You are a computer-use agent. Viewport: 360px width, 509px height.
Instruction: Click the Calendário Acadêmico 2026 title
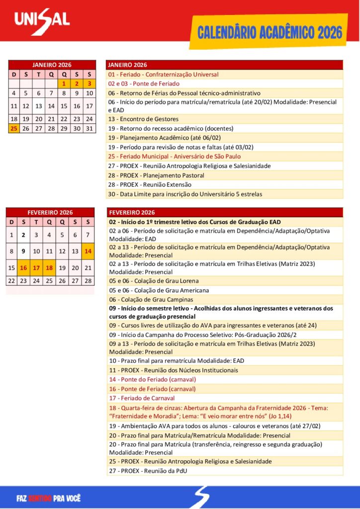click(270, 33)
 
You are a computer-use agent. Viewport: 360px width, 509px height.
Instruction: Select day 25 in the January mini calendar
click(13, 128)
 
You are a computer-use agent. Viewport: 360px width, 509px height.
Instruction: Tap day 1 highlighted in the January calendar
click(64, 84)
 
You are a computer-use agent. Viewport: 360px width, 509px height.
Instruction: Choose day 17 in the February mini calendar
click(36, 268)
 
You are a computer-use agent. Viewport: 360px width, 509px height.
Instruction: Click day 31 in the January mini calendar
click(90, 128)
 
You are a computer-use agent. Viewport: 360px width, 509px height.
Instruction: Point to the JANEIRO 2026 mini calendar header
click(52, 65)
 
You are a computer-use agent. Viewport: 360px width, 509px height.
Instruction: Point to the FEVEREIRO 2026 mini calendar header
click(50, 212)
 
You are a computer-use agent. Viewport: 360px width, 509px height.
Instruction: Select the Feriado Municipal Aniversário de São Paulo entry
click(175, 157)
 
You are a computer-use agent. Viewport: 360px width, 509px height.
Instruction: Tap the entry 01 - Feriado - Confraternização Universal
click(164, 75)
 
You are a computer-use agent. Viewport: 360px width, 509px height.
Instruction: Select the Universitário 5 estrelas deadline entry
click(185, 194)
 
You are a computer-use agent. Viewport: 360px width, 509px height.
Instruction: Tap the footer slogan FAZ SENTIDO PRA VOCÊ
click(48, 498)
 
